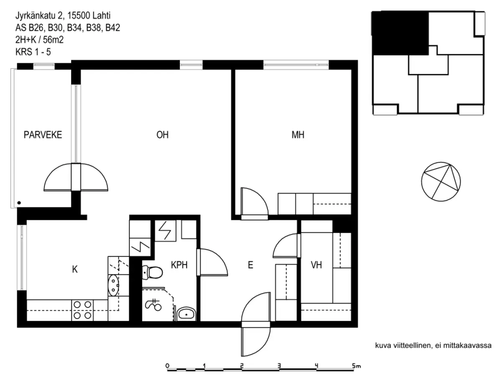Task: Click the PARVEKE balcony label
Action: coord(43,135)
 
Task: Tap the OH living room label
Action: coord(162,135)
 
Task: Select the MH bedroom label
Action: coord(298,135)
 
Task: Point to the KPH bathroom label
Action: coord(179,265)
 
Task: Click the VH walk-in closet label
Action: coord(316,265)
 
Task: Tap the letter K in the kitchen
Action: coord(75,269)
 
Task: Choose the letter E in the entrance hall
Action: coord(251,265)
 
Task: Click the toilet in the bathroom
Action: coord(152,272)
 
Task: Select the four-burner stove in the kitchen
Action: coord(82,310)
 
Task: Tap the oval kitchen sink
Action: coord(113,285)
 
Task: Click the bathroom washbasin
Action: coord(187,313)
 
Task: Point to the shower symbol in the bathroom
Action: coord(154,305)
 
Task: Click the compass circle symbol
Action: coord(441,182)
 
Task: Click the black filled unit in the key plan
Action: coord(400,33)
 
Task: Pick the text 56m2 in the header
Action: coord(53,40)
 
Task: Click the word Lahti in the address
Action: coord(102,15)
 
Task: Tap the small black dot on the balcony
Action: coord(19,203)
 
